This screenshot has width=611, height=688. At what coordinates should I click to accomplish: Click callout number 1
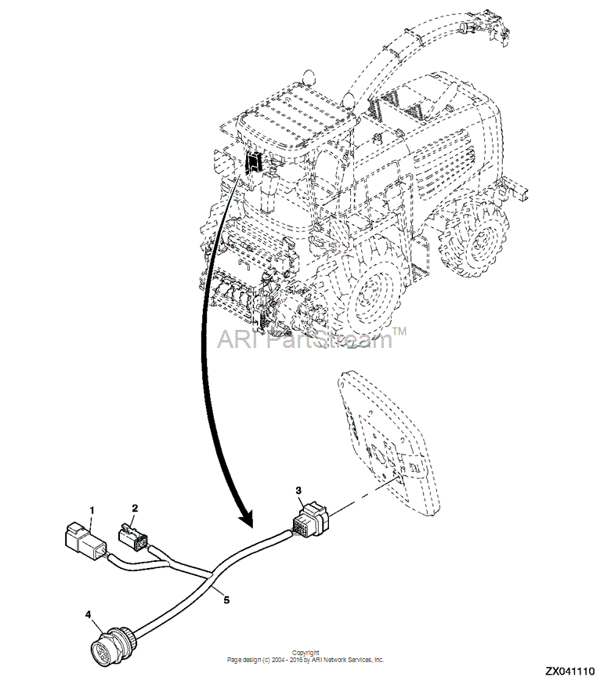tap(92, 510)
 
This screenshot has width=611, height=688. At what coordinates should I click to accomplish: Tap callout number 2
tap(135, 508)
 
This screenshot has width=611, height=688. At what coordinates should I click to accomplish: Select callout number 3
tap(298, 490)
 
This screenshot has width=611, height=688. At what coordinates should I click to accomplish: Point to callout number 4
tap(89, 614)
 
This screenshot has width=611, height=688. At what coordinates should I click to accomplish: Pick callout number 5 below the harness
tap(226, 599)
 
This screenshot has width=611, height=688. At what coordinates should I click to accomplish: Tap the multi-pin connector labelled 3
tap(310, 520)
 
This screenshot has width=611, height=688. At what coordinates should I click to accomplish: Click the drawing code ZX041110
tap(570, 672)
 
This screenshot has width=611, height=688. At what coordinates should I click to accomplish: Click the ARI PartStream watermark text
tap(305, 339)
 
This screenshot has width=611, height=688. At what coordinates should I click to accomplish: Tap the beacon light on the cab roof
tap(309, 76)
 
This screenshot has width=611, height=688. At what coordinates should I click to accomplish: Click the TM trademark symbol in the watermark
tap(399, 331)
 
